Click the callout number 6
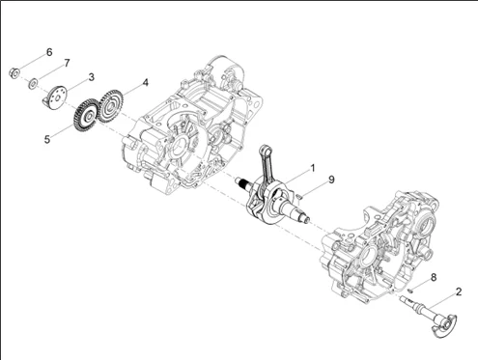coord(49,52)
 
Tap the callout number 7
coord(67,63)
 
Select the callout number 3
coord(92,77)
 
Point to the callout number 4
coord(146,83)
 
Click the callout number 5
coord(47,140)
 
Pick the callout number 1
coord(312,168)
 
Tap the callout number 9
coord(331,180)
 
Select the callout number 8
coord(434,277)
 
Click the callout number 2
coord(459,291)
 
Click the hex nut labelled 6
coord(14,73)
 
